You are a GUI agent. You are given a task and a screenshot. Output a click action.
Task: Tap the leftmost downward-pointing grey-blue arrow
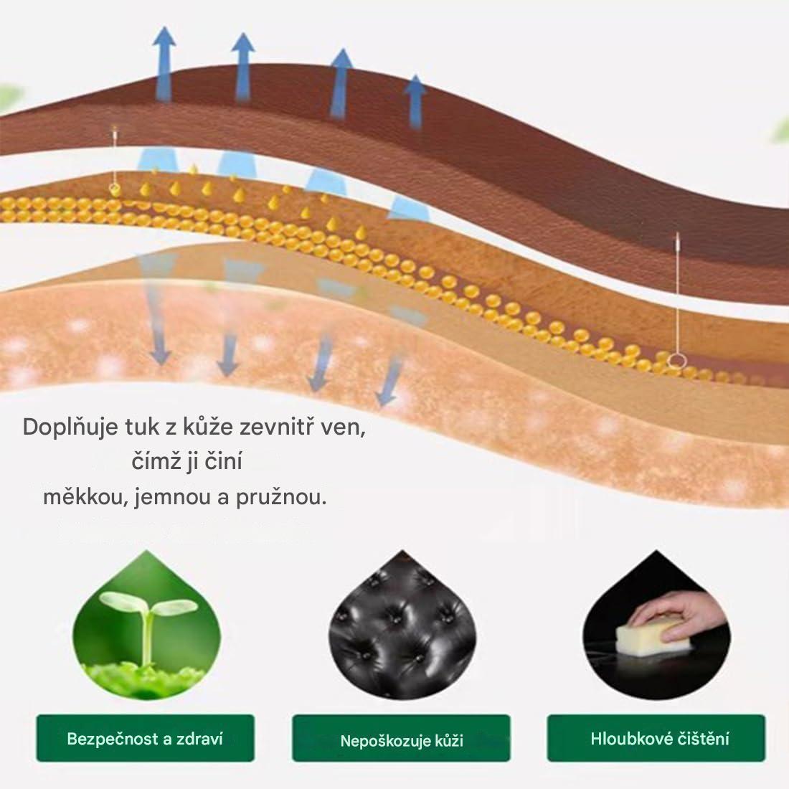pos(159,337)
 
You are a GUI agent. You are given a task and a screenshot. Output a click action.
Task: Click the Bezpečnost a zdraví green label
pos(145,738)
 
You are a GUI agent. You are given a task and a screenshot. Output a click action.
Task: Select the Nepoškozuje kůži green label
pos(401,740)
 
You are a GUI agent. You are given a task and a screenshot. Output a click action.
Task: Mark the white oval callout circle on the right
pos(676,362)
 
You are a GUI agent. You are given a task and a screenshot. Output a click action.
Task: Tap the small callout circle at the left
pos(113,189)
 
